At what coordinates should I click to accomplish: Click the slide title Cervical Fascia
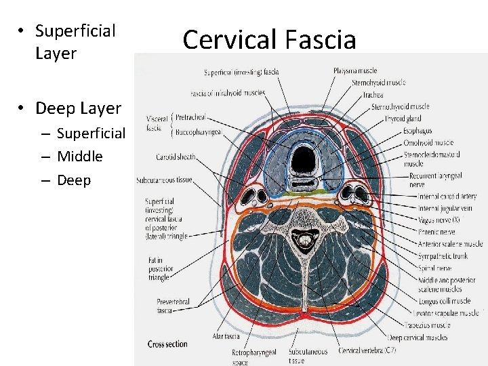click(269, 39)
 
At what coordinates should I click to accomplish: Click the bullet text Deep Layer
click(78, 108)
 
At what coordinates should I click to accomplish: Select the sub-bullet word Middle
click(80, 157)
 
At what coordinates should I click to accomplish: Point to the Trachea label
click(373, 94)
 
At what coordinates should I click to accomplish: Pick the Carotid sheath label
click(175, 157)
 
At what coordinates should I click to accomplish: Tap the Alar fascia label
click(226, 335)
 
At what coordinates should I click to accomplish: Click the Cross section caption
click(167, 344)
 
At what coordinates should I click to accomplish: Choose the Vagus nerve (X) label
click(439, 220)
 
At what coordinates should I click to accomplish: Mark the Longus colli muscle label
click(443, 301)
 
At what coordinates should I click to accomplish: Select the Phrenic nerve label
click(436, 232)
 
